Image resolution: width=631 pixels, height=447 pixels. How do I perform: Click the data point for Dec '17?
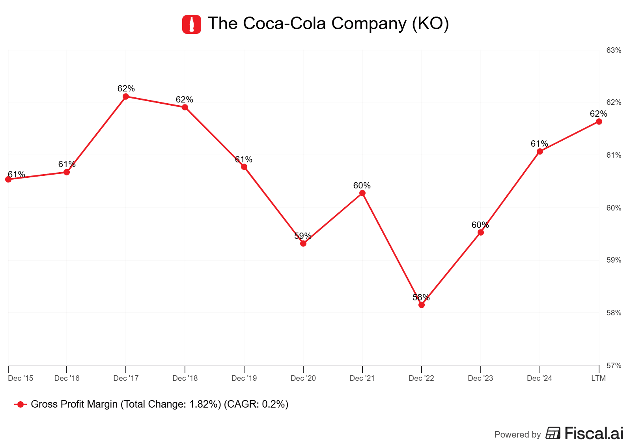click(126, 97)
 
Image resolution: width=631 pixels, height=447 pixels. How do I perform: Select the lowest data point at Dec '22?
click(422, 305)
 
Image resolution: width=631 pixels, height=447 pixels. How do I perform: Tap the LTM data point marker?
click(599, 121)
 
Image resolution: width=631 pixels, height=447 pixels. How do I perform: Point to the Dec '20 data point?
click(303, 244)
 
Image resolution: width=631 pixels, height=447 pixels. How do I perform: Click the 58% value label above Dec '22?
click(421, 297)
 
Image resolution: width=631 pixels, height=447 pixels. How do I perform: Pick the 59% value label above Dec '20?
click(303, 236)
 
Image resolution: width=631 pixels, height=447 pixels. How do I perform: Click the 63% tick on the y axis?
click(614, 50)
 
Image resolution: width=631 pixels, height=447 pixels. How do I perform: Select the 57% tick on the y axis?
click(614, 365)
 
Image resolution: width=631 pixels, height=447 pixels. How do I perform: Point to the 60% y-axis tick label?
click(614, 208)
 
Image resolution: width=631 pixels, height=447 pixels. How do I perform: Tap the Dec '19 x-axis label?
click(244, 378)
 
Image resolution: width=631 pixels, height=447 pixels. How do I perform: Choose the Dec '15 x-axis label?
click(21, 378)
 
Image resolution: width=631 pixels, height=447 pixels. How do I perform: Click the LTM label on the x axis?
click(598, 378)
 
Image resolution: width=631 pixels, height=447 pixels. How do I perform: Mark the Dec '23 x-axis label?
click(480, 378)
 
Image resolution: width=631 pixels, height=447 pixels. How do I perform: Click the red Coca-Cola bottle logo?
click(192, 24)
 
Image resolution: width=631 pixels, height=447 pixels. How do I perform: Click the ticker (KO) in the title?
click(430, 24)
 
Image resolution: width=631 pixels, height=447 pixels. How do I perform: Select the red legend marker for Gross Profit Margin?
click(21, 404)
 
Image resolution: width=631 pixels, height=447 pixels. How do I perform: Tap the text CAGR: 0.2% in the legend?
click(256, 404)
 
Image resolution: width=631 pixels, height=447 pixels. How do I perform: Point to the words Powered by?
click(517, 434)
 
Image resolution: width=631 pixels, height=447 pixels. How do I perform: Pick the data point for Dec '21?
click(362, 193)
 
